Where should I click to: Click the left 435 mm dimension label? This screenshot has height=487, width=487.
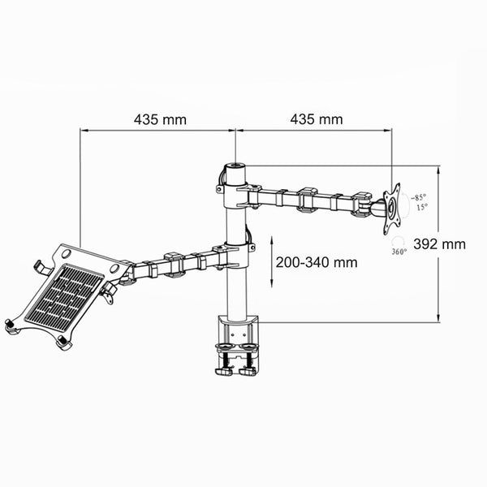pos(160,119)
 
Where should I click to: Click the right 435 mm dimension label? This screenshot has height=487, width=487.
pos(316,119)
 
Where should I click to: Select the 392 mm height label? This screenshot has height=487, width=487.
pos(439,243)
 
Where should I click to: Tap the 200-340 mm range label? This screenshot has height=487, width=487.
pos(316,262)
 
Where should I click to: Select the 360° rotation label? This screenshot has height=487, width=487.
pos(399,252)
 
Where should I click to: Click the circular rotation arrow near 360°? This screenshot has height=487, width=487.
pos(399,241)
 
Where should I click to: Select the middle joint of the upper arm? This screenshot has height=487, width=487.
pos(307,199)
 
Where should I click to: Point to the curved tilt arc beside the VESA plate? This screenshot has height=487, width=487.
pos(408,202)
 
